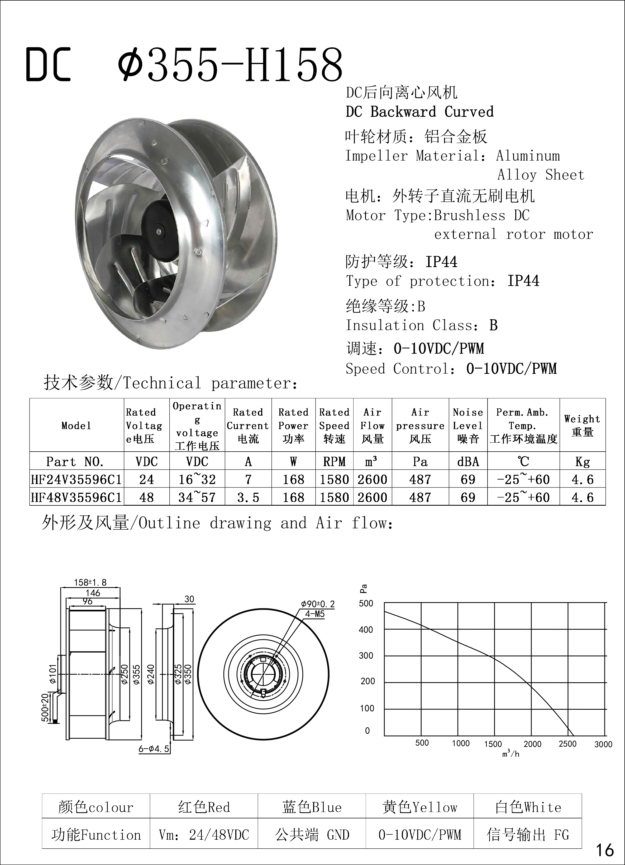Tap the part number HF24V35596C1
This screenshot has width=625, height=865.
tap(76, 479)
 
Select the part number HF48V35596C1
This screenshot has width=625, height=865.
tap(76, 497)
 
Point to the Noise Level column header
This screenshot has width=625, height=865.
tap(468, 425)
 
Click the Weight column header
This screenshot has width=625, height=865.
tap(582, 425)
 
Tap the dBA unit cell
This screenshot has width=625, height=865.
tap(468, 462)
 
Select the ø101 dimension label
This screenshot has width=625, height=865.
tap(53, 674)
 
